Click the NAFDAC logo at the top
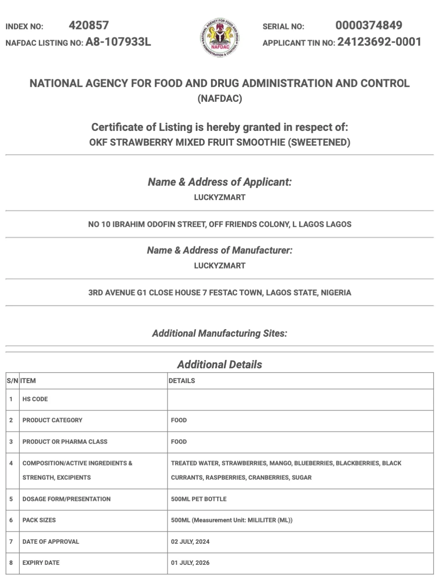point(220,38)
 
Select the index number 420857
point(89,26)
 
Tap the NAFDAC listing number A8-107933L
point(118,42)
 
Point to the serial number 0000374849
point(369,26)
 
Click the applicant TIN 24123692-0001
point(379,42)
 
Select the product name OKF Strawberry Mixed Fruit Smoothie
point(219,142)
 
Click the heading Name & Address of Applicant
point(219,182)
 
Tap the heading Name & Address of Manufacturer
point(219,250)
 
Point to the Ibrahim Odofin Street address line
point(219,224)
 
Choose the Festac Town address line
point(219,293)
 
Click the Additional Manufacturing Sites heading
point(219,333)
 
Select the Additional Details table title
point(219,364)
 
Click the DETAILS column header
point(182,381)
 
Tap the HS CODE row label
point(35,399)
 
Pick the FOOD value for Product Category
point(179,420)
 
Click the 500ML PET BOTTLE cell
point(198,499)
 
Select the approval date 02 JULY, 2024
point(190,542)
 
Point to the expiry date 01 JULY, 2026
point(190,563)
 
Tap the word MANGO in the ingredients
point(280,463)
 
